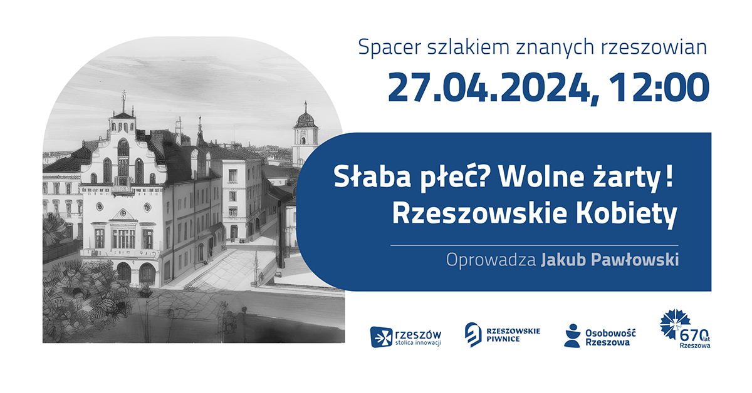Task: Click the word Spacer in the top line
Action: click(x=384, y=47)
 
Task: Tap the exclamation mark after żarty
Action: click(x=670, y=178)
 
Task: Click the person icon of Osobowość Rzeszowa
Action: click(x=572, y=335)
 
